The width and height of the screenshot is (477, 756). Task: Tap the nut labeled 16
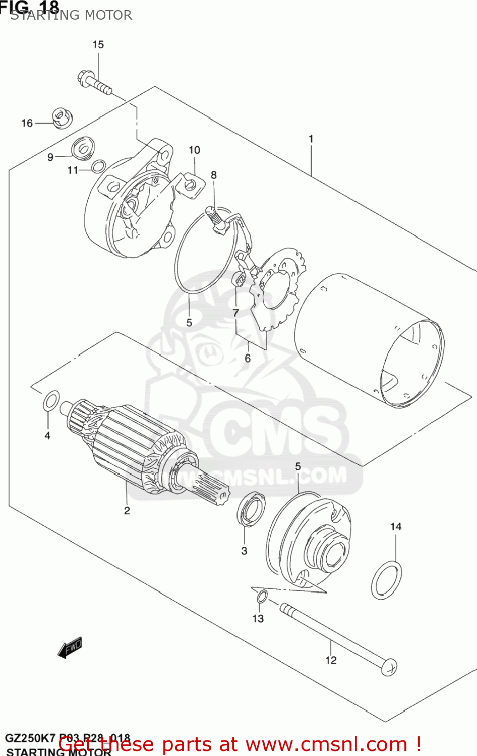[62, 118]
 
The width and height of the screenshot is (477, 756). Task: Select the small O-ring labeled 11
[99, 166]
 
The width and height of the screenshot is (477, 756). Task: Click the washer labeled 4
[51, 401]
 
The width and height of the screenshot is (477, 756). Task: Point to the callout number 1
[311, 139]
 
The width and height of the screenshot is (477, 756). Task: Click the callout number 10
[194, 150]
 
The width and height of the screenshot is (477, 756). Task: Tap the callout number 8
[214, 175]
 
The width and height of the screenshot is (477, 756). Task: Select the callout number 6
[248, 358]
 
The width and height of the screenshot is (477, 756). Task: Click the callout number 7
[235, 313]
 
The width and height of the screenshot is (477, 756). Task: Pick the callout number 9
[50, 157]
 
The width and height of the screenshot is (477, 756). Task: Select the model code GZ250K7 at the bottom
[30, 739]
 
